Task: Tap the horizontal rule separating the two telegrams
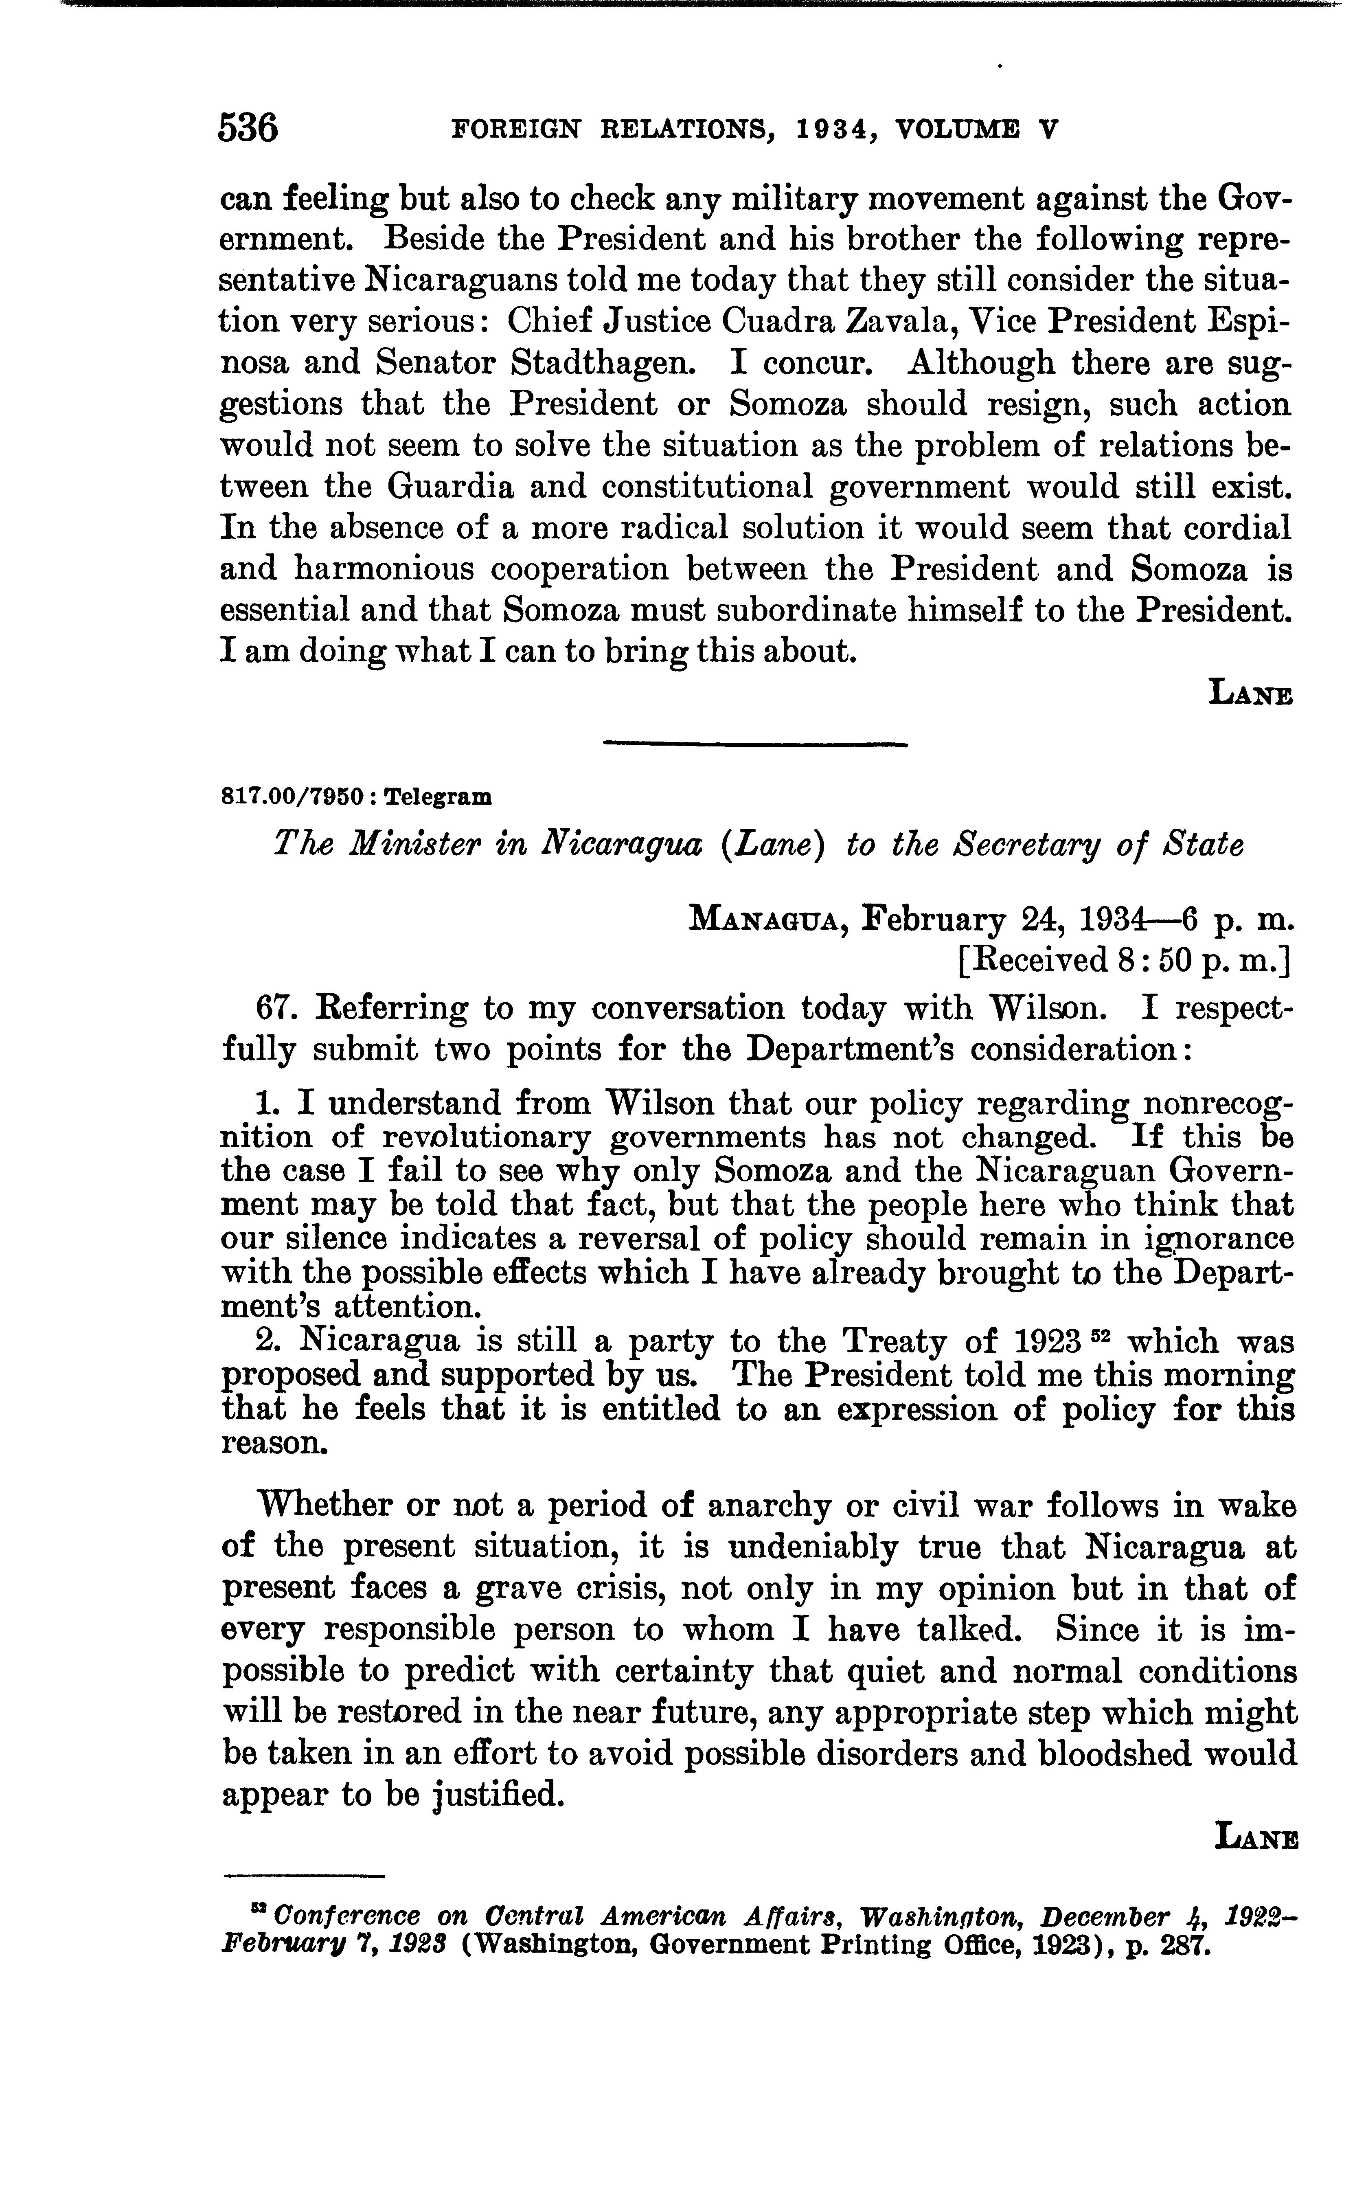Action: [x=755, y=743]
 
